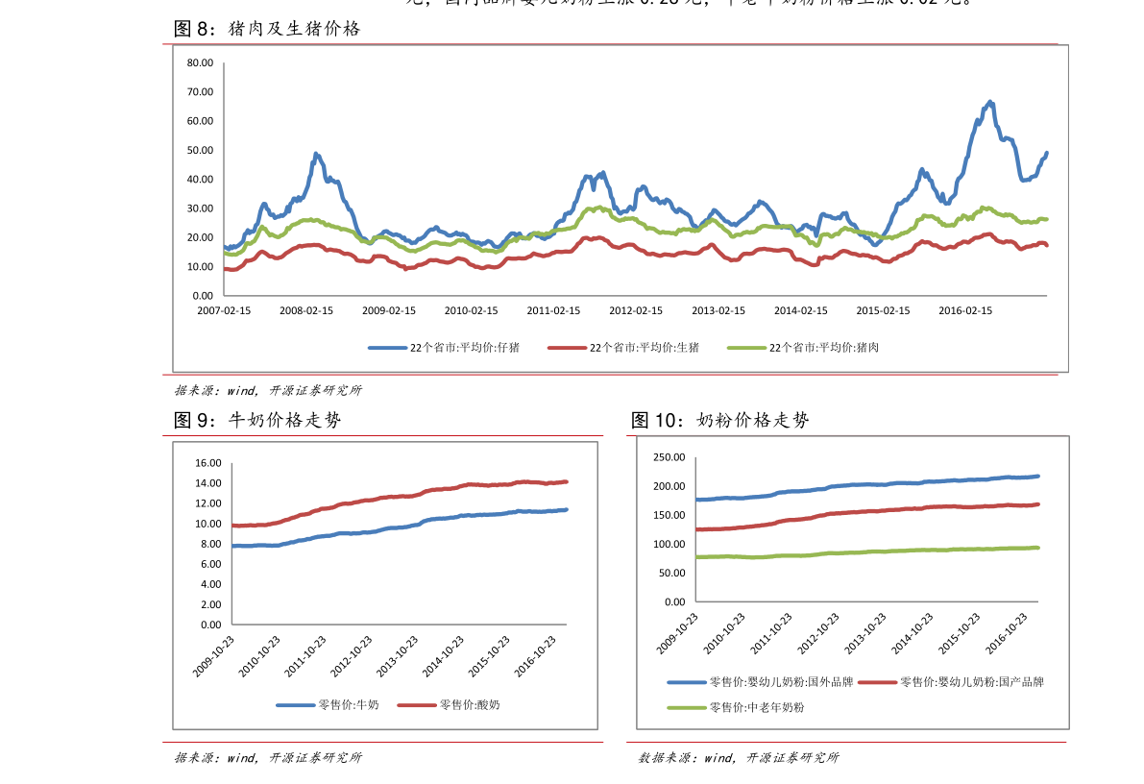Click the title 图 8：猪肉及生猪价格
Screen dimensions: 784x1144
coord(267,29)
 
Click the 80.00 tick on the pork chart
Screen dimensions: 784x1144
coord(201,63)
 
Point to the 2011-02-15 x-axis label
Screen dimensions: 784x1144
coord(553,311)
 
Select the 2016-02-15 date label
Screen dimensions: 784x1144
coord(965,311)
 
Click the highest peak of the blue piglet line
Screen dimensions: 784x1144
coord(990,101)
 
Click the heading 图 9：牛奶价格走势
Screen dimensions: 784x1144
coord(257,420)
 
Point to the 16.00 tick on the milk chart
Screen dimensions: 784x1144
coord(208,463)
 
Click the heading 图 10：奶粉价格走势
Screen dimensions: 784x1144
coord(720,420)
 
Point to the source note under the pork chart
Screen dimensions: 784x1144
coord(268,390)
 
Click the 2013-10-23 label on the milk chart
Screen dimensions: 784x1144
coord(398,657)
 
